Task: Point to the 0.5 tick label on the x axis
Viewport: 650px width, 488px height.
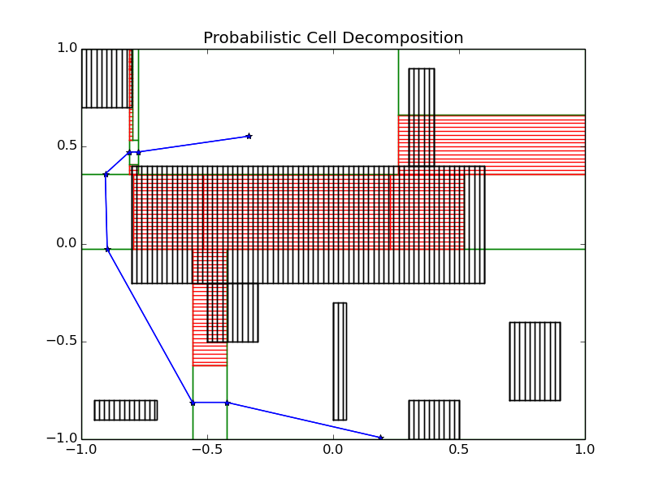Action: pyautogui.click(x=459, y=448)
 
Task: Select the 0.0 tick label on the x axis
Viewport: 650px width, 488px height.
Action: pyautogui.click(x=333, y=448)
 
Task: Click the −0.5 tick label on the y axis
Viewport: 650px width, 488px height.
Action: pyautogui.click(x=59, y=342)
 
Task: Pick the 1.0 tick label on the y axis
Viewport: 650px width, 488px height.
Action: pyautogui.click(x=65, y=49)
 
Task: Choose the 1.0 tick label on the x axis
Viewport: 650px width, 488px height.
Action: pyautogui.click(x=584, y=448)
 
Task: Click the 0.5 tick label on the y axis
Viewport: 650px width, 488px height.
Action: pyautogui.click(x=65, y=146)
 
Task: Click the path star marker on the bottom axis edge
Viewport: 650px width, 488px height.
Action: pyautogui.click(x=380, y=438)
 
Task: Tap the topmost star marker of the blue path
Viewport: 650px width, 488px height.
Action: pyautogui.click(x=249, y=136)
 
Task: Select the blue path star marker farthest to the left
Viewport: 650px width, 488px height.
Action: pyautogui.click(x=106, y=174)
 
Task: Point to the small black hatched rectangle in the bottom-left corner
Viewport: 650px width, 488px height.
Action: pyautogui.click(x=125, y=410)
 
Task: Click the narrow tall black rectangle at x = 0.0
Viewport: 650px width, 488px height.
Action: pyautogui.click(x=340, y=361)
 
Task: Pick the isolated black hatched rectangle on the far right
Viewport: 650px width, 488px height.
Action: pyautogui.click(x=535, y=361)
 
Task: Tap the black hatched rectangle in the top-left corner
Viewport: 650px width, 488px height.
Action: pyautogui.click(x=106, y=78)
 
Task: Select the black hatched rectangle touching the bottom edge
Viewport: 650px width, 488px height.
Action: pyautogui.click(x=434, y=420)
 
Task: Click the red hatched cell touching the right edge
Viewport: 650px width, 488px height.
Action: pyautogui.click(x=520, y=145)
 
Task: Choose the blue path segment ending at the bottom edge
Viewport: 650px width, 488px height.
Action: pyautogui.click(x=304, y=420)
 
